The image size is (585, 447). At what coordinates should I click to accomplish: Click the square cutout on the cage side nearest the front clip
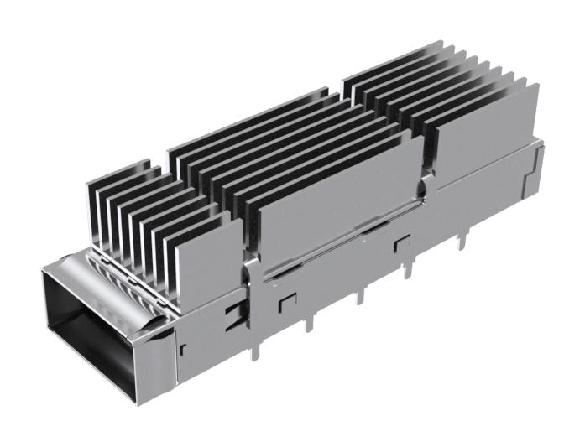[287, 299]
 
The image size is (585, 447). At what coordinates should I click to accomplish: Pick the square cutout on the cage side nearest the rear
[401, 243]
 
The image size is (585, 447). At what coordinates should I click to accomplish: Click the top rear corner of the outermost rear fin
[538, 84]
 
